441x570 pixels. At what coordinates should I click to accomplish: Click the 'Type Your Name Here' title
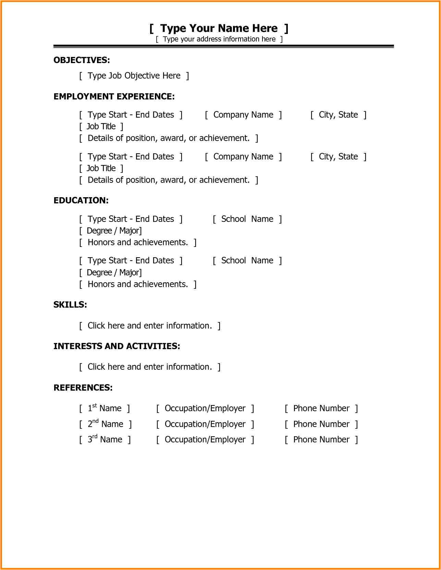tap(219, 28)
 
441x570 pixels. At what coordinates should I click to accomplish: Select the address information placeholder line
tap(219, 39)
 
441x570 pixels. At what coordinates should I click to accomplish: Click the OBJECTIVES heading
tap(82, 60)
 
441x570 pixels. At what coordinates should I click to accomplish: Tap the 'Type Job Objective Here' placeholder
tap(134, 76)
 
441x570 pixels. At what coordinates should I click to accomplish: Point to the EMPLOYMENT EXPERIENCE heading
tap(114, 97)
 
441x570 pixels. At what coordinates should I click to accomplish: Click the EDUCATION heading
tap(81, 201)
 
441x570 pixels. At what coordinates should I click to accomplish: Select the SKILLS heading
tap(70, 305)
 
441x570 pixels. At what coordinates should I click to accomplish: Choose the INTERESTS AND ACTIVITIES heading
tap(117, 346)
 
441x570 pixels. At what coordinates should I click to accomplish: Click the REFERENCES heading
tap(83, 388)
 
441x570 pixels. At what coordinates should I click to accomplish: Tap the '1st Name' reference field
tap(105, 408)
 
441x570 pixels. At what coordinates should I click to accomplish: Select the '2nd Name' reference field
tap(105, 424)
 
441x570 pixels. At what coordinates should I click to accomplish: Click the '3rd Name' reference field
tap(105, 440)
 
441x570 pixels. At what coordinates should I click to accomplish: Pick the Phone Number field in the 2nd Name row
tap(321, 424)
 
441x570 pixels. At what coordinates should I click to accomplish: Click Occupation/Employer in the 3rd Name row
tap(205, 440)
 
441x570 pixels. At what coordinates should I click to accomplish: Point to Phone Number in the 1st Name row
tap(321, 408)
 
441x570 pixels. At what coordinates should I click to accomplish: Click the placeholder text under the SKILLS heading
tap(150, 326)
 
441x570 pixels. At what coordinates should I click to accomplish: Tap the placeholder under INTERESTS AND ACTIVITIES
tap(150, 367)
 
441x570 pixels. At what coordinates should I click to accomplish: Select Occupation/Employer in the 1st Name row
tap(205, 408)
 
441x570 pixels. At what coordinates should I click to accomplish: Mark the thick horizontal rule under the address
tap(223, 46)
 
